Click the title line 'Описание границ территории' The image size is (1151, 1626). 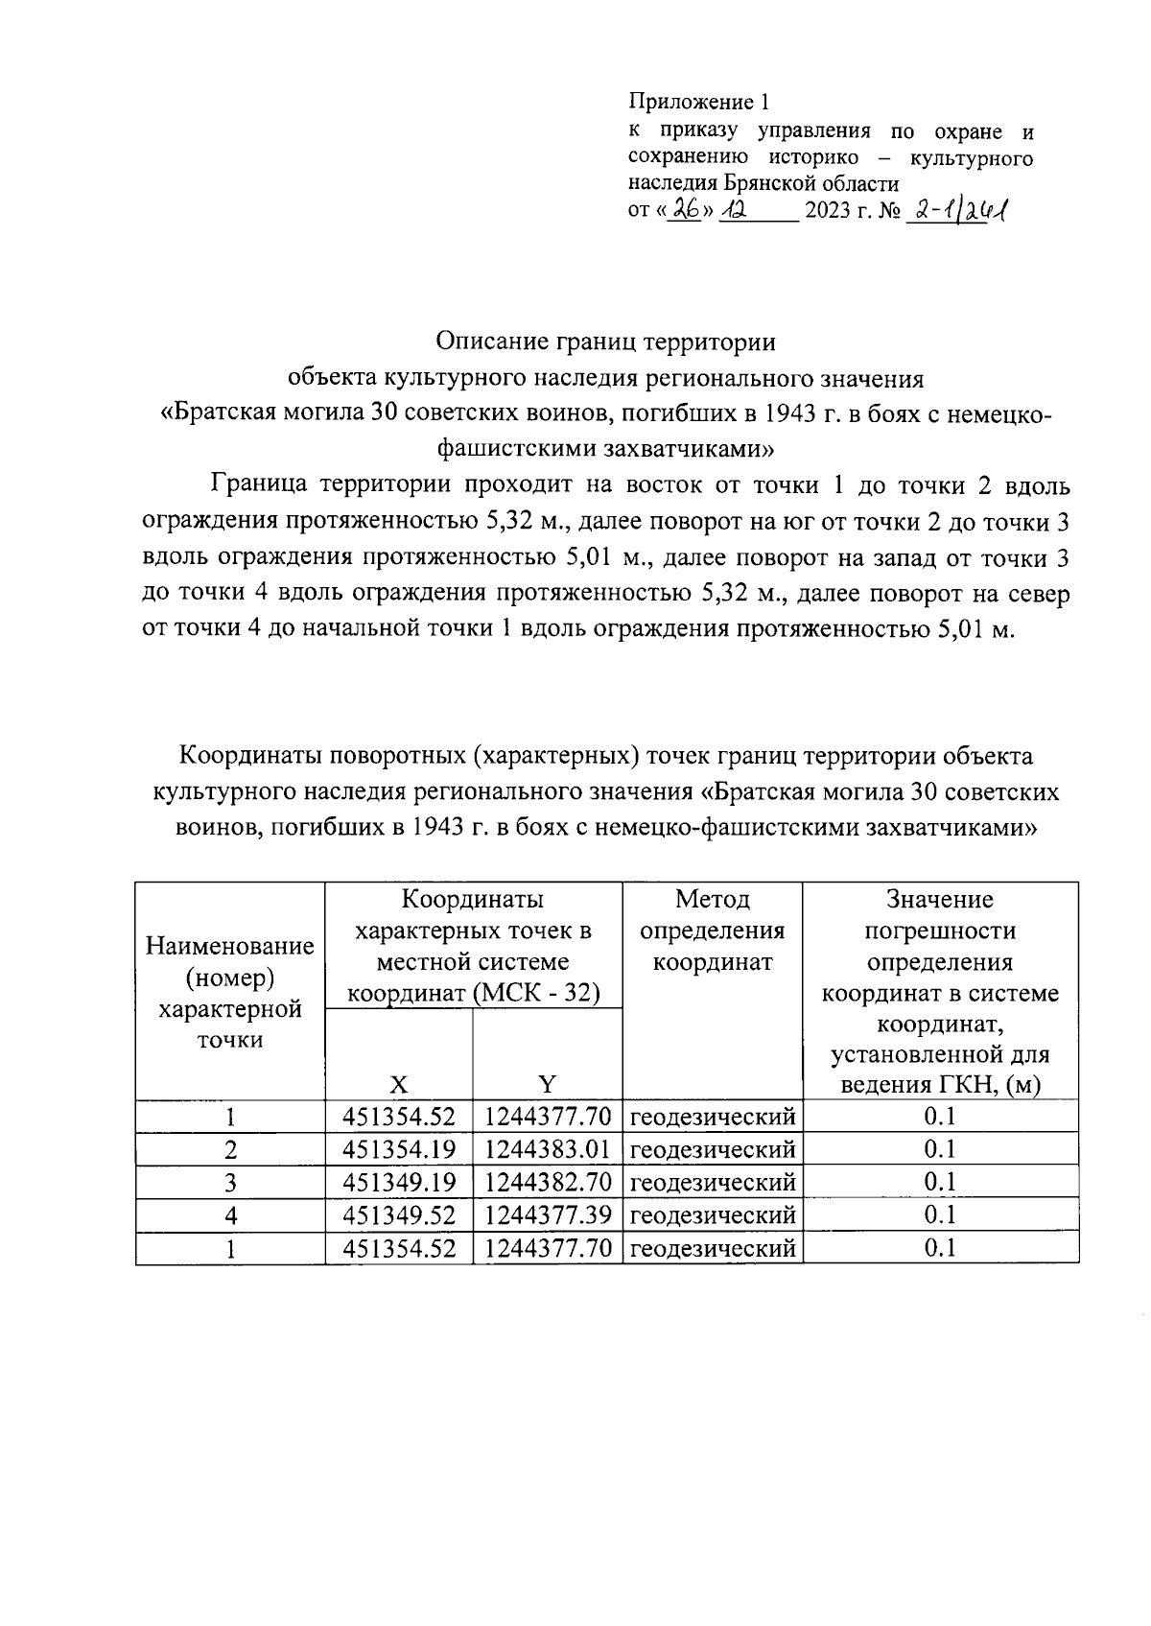(x=604, y=342)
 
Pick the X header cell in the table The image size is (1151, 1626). (x=399, y=1085)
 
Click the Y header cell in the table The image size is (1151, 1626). (x=547, y=1085)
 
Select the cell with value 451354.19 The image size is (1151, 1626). (x=399, y=1149)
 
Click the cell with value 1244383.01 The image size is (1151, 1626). (x=548, y=1149)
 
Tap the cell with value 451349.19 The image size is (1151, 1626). (x=399, y=1182)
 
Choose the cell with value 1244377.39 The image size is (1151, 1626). (x=548, y=1215)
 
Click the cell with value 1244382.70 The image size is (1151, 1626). (x=548, y=1182)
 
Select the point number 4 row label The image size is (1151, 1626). (x=230, y=1215)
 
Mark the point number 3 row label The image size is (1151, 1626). (x=230, y=1182)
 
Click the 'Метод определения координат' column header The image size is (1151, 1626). (x=712, y=931)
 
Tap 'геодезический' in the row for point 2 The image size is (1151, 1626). (x=713, y=1149)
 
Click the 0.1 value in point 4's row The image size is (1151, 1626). (x=940, y=1215)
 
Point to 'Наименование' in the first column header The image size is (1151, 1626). (x=230, y=947)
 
